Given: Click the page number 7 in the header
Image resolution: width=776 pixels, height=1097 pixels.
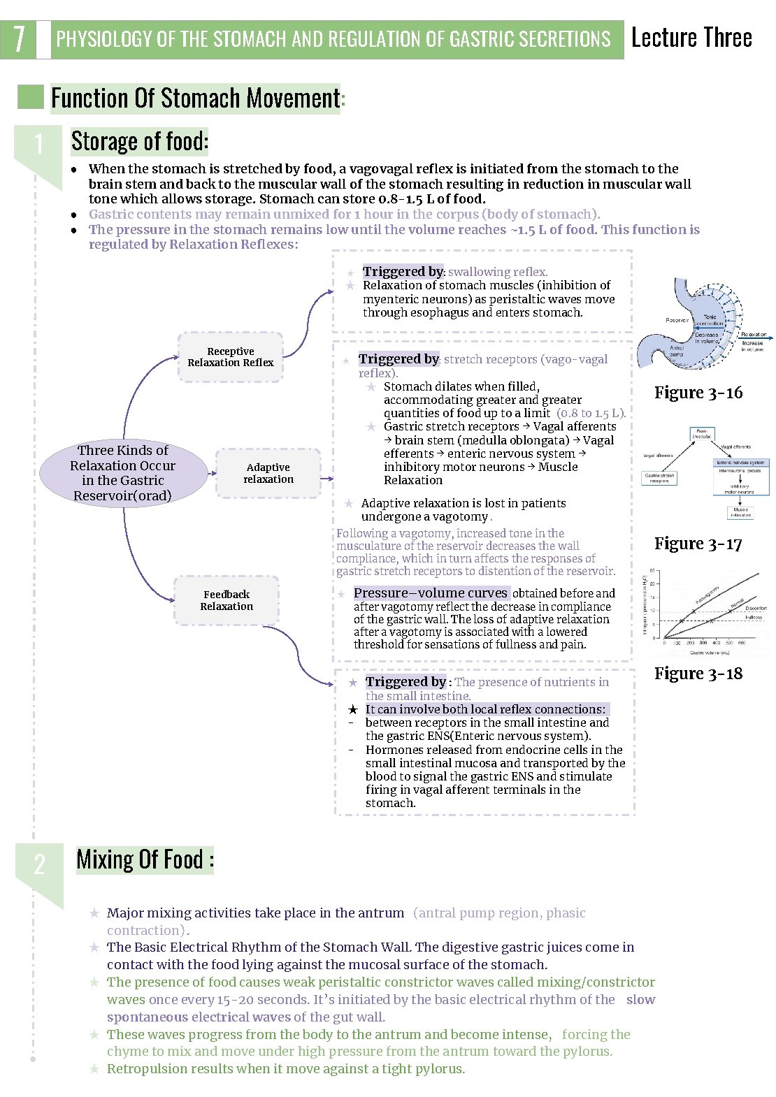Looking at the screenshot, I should point(19,39).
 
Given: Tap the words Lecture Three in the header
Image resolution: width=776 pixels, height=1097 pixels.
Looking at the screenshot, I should point(691,38).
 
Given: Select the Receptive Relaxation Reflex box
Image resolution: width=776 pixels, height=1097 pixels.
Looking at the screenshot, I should point(231,357).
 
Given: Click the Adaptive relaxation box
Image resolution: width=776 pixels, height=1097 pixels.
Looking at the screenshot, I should point(268,473).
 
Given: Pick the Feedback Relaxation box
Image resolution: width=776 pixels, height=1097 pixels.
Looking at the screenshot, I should point(227,600).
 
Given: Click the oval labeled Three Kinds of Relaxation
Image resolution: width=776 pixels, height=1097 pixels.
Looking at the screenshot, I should point(123,473).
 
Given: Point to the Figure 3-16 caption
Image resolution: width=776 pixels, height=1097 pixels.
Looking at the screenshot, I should point(698,393).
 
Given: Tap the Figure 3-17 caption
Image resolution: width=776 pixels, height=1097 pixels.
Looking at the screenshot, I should point(698,544).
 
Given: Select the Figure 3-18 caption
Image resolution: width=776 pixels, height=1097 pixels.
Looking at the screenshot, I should point(698,674).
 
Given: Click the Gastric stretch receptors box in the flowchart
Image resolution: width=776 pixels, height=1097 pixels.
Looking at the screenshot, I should point(659,478).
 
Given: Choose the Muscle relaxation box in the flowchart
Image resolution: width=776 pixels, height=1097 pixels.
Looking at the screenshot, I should point(740,512).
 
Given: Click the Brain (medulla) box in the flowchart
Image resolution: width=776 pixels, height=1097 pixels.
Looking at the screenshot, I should point(701,434).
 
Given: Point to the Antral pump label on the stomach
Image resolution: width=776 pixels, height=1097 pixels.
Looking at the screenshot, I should point(677,351).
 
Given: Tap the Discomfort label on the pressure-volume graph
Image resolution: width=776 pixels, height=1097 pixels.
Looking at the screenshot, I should point(755,609).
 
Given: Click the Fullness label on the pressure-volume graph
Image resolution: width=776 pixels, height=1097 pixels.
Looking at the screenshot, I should point(754,618).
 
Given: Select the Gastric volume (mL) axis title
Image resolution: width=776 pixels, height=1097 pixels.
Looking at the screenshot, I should point(710,653).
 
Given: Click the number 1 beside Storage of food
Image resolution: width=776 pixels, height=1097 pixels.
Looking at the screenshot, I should point(38,144).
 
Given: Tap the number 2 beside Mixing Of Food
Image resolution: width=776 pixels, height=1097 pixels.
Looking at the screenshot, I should point(39,865).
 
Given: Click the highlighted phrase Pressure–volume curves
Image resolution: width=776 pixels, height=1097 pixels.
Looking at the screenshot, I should point(431,593).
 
